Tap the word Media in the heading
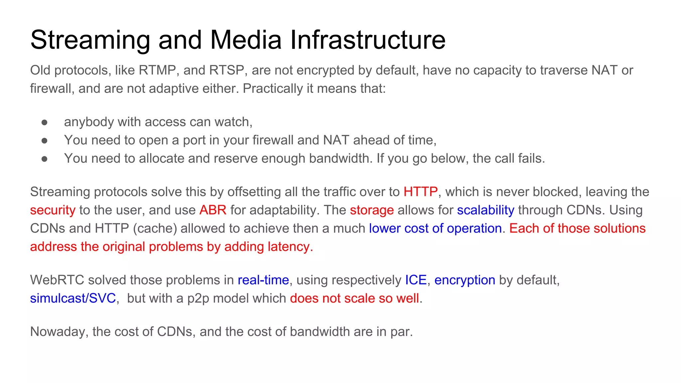coord(246,40)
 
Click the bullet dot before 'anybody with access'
coord(45,123)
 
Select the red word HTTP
coord(420,192)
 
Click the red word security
coord(53,210)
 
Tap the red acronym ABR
coord(213,210)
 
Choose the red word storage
coord(372,210)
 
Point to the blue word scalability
coord(485,210)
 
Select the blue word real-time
coord(263,280)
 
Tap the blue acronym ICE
coord(416,280)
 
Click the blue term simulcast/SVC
coord(73,299)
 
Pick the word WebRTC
coord(57,280)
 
